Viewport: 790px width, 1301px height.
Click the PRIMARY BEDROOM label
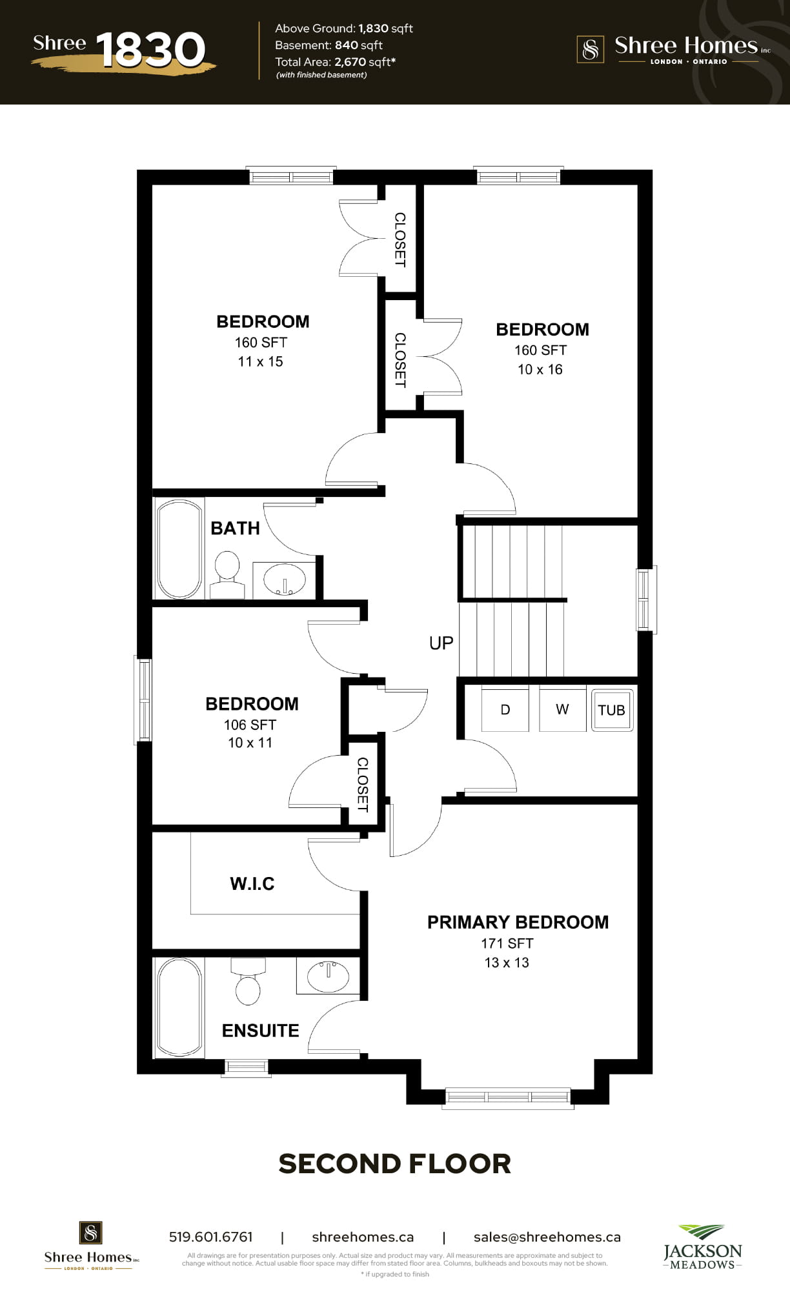click(518, 922)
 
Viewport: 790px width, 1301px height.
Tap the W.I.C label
click(252, 883)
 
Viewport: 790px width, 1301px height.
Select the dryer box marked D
click(505, 709)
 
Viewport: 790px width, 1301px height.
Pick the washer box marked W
click(562, 709)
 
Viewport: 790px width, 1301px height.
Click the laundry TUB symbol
click(612, 710)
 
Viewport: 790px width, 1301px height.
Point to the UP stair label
click(441, 643)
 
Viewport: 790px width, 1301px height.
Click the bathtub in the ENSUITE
click(179, 1007)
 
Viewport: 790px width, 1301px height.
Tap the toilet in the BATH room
click(227, 574)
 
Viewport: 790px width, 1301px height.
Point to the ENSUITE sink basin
click(328, 976)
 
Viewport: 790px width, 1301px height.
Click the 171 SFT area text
click(507, 943)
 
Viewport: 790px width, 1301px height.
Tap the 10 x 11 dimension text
click(250, 743)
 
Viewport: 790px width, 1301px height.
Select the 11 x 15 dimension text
click(260, 362)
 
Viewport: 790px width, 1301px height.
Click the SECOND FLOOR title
click(395, 1164)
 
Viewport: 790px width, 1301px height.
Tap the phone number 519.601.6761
click(211, 1237)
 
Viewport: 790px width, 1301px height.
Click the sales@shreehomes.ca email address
click(547, 1237)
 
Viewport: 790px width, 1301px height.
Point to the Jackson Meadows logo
click(703, 1247)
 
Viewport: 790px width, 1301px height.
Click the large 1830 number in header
click(150, 50)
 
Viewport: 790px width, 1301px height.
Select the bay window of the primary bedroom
click(508, 1096)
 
